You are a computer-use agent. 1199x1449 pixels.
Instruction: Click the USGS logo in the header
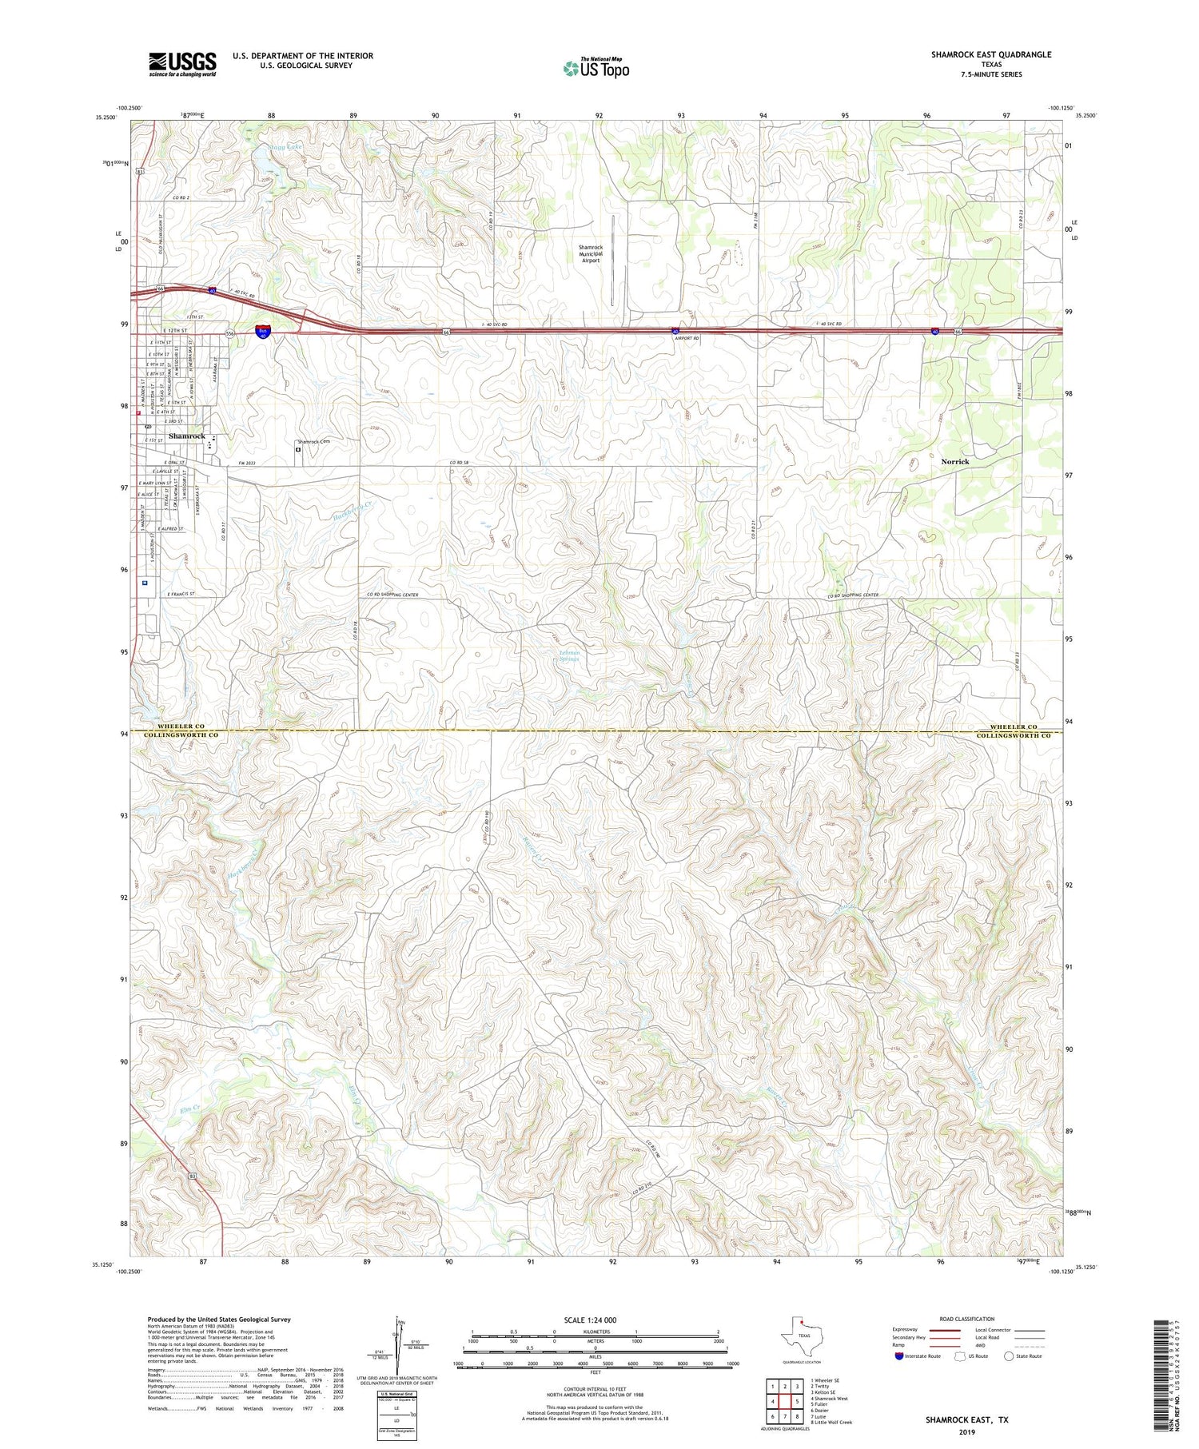click(182, 64)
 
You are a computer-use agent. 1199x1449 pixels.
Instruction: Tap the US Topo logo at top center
click(596, 68)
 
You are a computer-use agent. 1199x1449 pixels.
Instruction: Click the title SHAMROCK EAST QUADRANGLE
click(990, 54)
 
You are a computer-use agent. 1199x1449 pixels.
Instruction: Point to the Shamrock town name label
click(186, 436)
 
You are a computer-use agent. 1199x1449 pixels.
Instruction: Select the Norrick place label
click(954, 461)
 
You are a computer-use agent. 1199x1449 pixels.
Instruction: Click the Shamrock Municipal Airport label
click(591, 253)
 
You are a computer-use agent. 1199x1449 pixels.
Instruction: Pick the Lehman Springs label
click(568, 655)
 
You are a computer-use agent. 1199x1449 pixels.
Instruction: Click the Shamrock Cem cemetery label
click(314, 441)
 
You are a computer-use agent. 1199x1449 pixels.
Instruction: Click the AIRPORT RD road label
click(687, 338)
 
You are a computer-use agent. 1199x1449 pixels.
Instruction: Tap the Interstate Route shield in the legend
click(899, 1356)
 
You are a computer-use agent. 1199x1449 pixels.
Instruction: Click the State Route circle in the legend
click(1009, 1356)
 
